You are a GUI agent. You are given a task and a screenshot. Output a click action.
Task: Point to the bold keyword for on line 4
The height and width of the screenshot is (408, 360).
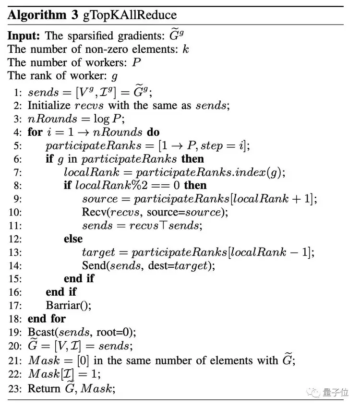pyautogui.click(x=35, y=132)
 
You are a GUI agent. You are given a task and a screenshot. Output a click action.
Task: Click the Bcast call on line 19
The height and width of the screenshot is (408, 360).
pyautogui.click(x=42, y=332)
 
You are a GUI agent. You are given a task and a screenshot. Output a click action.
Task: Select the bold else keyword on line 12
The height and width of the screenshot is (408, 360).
pyautogui.click(x=73, y=239)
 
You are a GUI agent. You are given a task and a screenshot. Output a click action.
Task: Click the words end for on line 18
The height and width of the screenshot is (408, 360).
pyautogui.click(x=47, y=318)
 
